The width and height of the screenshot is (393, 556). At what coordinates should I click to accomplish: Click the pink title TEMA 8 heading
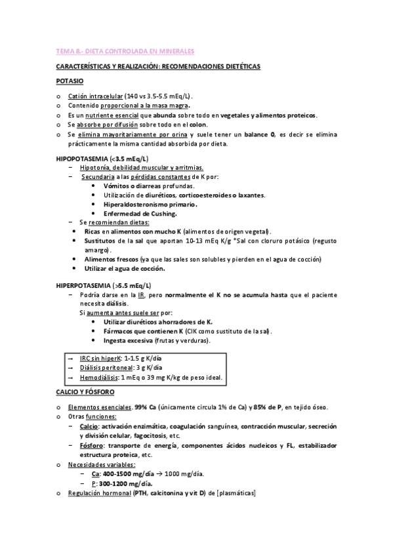pos(125,50)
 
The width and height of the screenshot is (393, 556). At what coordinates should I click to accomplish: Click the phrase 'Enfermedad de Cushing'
pos(140,214)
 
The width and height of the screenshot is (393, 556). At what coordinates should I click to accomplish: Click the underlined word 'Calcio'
pos(89,426)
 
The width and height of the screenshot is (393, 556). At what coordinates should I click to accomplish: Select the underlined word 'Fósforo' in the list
pos(91,445)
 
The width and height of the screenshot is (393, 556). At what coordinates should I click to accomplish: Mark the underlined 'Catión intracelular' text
pos(96,96)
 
